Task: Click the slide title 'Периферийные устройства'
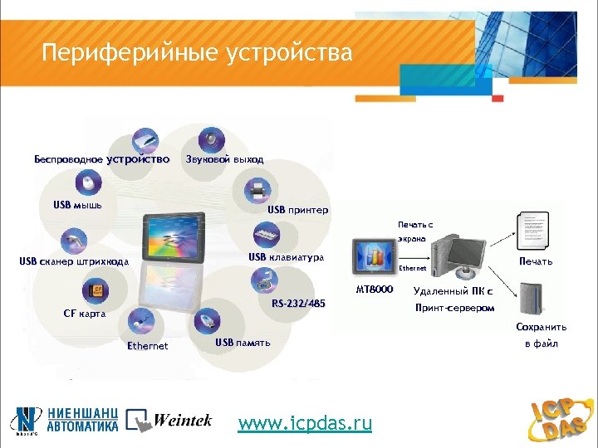point(198,54)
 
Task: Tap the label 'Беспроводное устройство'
point(101,158)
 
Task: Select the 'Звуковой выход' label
point(224,158)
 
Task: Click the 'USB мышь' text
point(77,205)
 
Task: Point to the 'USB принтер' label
point(297,210)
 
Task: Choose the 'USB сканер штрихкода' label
point(74,262)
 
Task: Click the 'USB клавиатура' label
point(286,257)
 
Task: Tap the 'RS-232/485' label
point(299,304)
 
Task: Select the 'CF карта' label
point(85,314)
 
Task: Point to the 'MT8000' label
point(374,290)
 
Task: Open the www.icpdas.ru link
point(305,423)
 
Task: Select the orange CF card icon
point(96,291)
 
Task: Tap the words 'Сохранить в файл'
point(541,335)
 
